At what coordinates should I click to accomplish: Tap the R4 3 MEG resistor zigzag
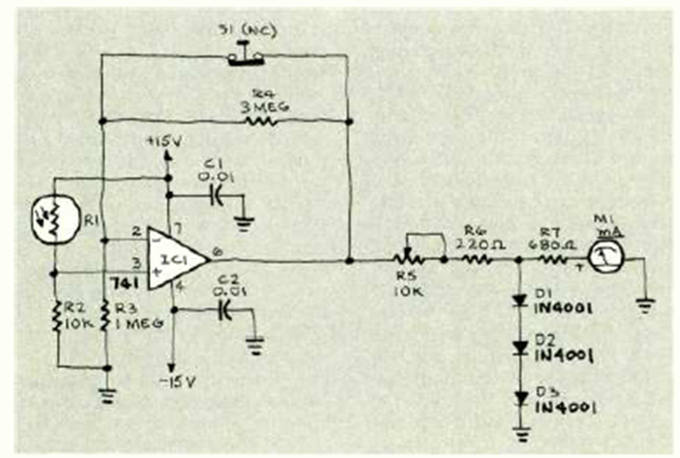tap(261, 121)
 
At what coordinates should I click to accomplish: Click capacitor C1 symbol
tap(213, 193)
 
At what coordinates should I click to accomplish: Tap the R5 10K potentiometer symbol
tap(410, 259)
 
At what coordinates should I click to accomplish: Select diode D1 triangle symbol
tap(521, 301)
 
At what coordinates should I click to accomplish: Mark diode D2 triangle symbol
tap(521, 348)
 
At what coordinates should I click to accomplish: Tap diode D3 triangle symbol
tap(521, 396)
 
